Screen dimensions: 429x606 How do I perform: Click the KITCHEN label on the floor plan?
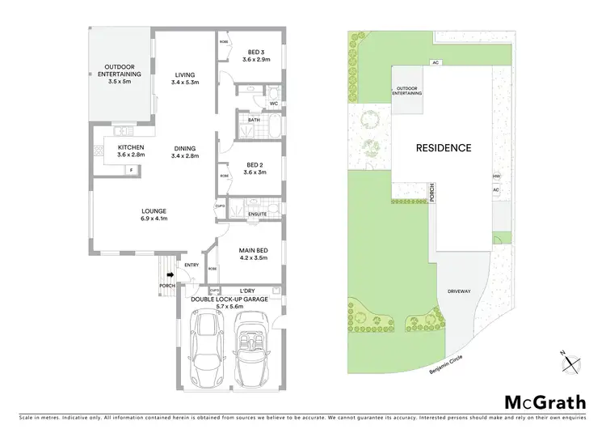coord(129,151)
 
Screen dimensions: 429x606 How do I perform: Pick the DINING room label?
coord(185,151)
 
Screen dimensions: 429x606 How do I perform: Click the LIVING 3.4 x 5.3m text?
coord(185,78)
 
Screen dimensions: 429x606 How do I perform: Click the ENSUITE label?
coord(257,214)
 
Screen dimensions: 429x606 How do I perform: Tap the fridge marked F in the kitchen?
coord(132,170)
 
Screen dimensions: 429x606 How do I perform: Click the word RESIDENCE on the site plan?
coord(443,148)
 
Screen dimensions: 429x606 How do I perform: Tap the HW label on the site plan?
coord(496,176)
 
